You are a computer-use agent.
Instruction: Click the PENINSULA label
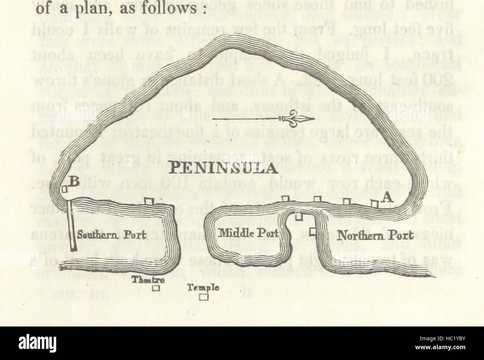tap(223, 169)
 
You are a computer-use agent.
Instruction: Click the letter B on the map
tap(74, 182)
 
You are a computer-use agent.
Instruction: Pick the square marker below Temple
tap(203, 297)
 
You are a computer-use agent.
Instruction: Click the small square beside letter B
tap(65, 189)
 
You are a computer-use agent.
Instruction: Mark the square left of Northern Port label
tap(313, 231)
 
